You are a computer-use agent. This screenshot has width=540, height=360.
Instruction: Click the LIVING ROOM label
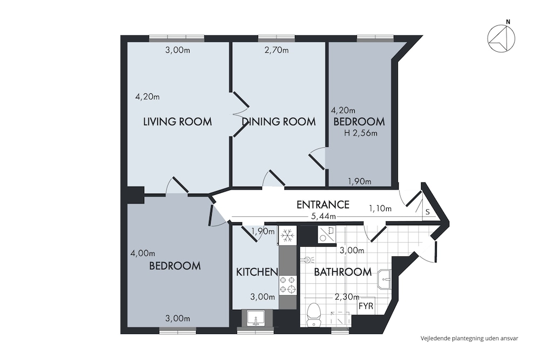[177, 121]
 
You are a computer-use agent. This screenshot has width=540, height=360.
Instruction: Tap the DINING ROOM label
[279, 121]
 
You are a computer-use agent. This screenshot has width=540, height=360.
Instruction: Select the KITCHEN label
[257, 272]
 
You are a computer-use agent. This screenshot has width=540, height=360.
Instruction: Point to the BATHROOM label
[343, 272]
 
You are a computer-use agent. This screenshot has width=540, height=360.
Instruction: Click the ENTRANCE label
[323, 205]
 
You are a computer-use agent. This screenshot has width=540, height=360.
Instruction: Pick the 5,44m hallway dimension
[323, 216]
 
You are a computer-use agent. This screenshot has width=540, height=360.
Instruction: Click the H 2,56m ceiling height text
[361, 133]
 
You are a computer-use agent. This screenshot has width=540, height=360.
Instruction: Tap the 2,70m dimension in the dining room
[276, 50]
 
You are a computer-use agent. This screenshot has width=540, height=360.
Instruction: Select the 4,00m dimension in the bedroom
[143, 253]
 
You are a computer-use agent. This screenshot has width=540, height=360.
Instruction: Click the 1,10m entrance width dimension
[380, 208]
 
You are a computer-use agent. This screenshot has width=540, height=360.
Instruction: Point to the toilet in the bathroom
[313, 315]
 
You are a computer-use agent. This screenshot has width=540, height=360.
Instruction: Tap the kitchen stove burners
[288, 284]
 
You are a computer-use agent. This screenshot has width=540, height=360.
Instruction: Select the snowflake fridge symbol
[287, 236]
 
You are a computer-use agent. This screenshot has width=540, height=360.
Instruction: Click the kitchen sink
[255, 318]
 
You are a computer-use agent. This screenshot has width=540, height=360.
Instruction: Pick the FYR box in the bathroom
[366, 305]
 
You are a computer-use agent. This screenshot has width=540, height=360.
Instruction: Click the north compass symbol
[502, 38]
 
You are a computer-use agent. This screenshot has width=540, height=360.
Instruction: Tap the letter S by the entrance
[427, 212]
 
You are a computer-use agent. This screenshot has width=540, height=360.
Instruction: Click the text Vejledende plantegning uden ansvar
[469, 338]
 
